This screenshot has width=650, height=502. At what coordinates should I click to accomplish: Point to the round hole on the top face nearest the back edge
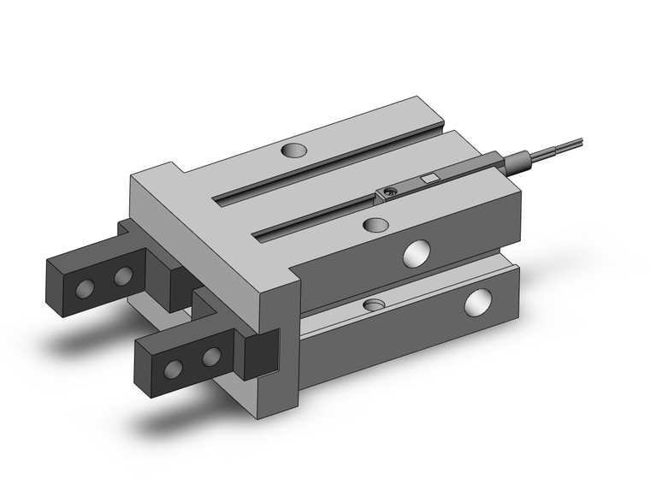(292, 151)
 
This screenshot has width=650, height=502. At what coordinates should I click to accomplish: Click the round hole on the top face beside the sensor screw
(373, 224)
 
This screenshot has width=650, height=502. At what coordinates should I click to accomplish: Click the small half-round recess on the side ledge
(374, 304)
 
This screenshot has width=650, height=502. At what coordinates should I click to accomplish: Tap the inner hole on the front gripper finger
(210, 354)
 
